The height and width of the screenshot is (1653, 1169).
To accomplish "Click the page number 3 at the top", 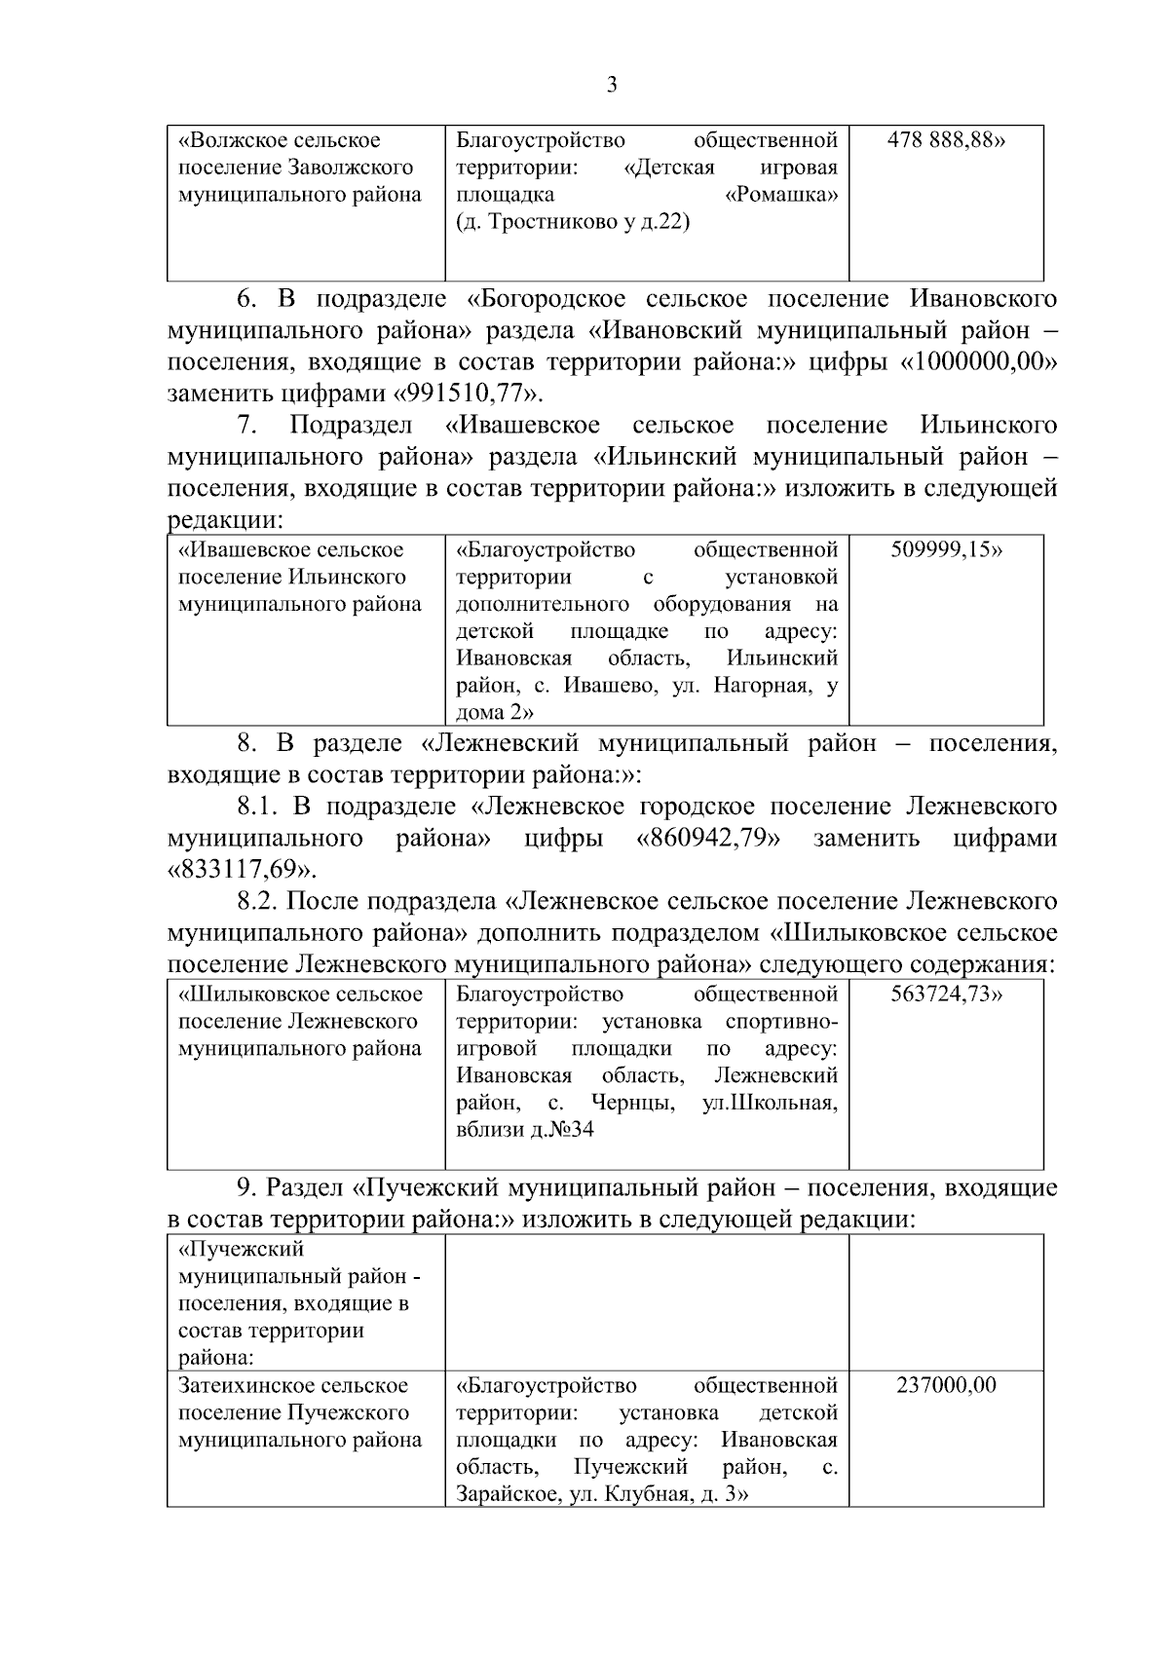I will click(x=611, y=86).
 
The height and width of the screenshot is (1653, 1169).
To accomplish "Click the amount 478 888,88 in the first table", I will click(x=946, y=140).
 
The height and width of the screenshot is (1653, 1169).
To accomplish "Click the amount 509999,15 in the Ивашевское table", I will click(x=946, y=549).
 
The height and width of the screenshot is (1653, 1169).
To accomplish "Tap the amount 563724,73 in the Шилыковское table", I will click(x=946, y=995).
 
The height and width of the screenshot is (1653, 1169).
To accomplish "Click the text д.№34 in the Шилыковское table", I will click(x=562, y=1130).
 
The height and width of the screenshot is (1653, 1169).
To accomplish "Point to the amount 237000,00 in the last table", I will click(x=946, y=1385).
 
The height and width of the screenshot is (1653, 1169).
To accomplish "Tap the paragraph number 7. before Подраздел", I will click(x=247, y=426).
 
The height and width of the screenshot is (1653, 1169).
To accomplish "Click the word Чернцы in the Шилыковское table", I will click(x=634, y=1104).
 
